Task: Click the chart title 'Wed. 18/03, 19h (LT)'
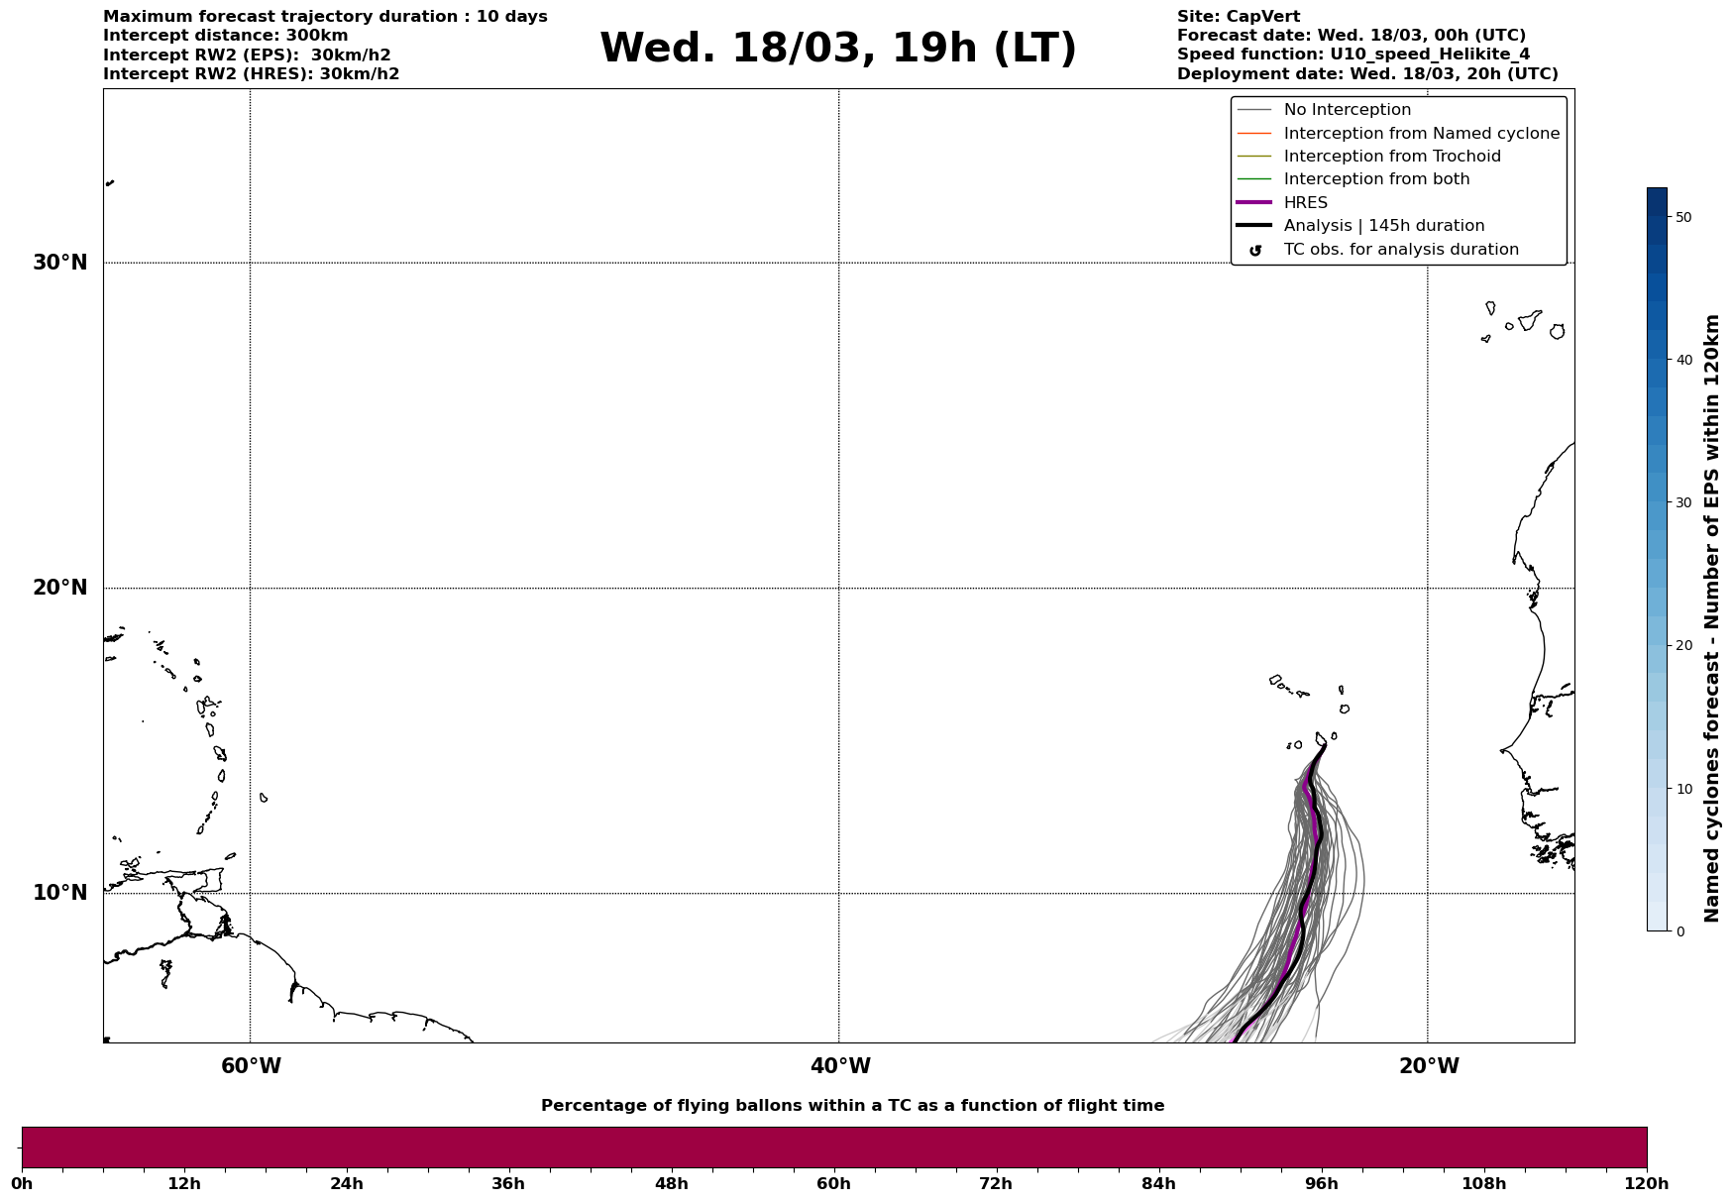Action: [x=837, y=49]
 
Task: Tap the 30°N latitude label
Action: [x=60, y=263]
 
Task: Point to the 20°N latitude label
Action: [x=60, y=588]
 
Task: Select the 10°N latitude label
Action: [x=60, y=893]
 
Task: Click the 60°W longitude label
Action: [x=251, y=1066]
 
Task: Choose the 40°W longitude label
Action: [x=840, y=1066]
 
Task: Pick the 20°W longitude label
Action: [x=1429, y=1066]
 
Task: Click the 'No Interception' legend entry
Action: [x=1347, y=110]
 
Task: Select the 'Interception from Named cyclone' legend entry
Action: [x=1421, y=134]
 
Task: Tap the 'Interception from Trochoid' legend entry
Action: [x=1391, y=157]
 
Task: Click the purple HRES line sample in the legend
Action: [x=1254, y=203]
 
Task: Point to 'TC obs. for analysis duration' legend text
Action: [x=1400, y=250]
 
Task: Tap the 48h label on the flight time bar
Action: [x=671, y=1184]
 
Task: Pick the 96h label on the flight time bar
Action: [x=1321, y=1184]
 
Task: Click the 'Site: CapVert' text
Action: [x=1238, y=17]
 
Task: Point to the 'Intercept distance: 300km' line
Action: [x=225, y=36]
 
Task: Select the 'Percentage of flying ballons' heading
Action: [x=852, y=1106]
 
